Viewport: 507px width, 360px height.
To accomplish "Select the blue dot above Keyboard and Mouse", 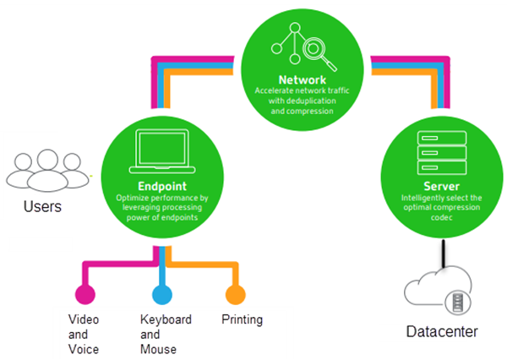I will tap(160, 294).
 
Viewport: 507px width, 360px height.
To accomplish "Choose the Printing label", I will tap(242, 320).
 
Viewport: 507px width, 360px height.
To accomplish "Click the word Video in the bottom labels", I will tap(84, 319).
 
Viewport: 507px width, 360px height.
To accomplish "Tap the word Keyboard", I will tap(166, 319).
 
